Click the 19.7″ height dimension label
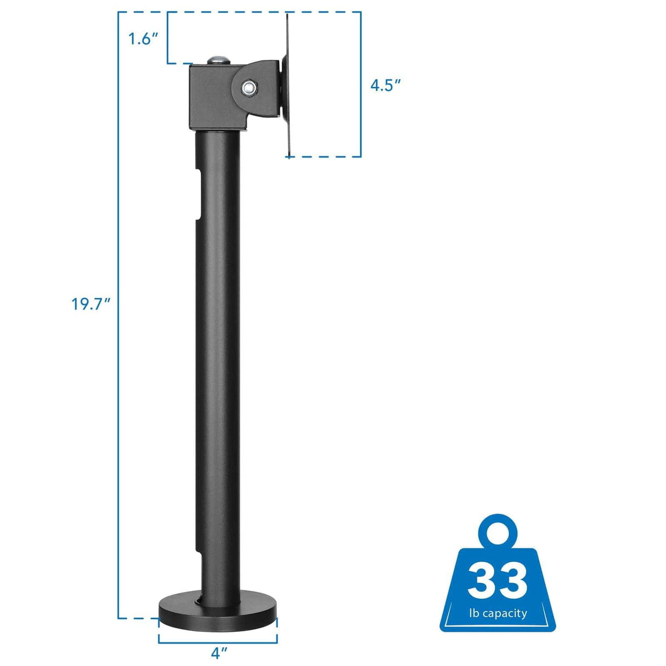pyautogui.click(x=91, y=303)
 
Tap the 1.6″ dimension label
pyautogui.click(x=143, y=39)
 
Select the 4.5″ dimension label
pyautogui.click(x=386, y=85)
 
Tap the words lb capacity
pyautogui.click(x=498, y=613)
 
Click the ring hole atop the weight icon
pyautogui.click(x=498, y=531)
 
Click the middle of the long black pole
pyautogui.click(x=218, y=357)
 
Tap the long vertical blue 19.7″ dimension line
pyautogui.click(x=119, y=439)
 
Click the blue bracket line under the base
pyautogui.click(x=218, y=642)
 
